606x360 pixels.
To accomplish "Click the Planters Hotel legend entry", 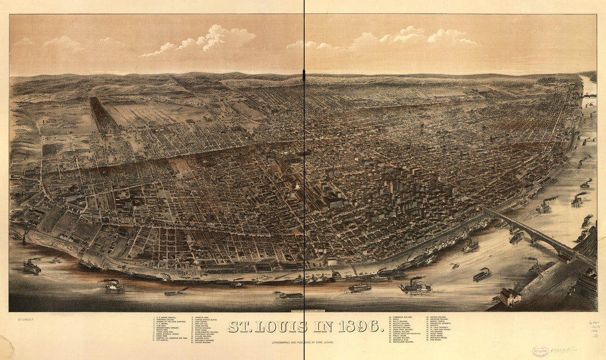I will point(202,338).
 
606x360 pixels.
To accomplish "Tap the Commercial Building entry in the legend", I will point(402,317).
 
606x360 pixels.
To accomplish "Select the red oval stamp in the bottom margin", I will point(541,350).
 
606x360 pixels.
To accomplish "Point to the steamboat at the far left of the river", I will point(32,267).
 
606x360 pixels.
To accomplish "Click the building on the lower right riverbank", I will point(510,297).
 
